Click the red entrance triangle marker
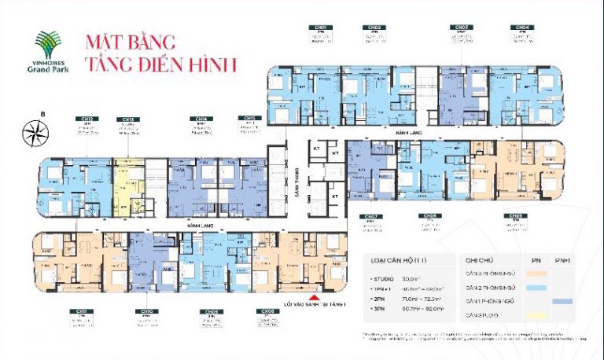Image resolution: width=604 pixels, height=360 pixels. [x=315, y=298]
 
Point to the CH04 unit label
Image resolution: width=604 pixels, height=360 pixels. [x=522, y=28]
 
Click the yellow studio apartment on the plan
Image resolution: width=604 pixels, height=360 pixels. [x=126, y=182]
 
